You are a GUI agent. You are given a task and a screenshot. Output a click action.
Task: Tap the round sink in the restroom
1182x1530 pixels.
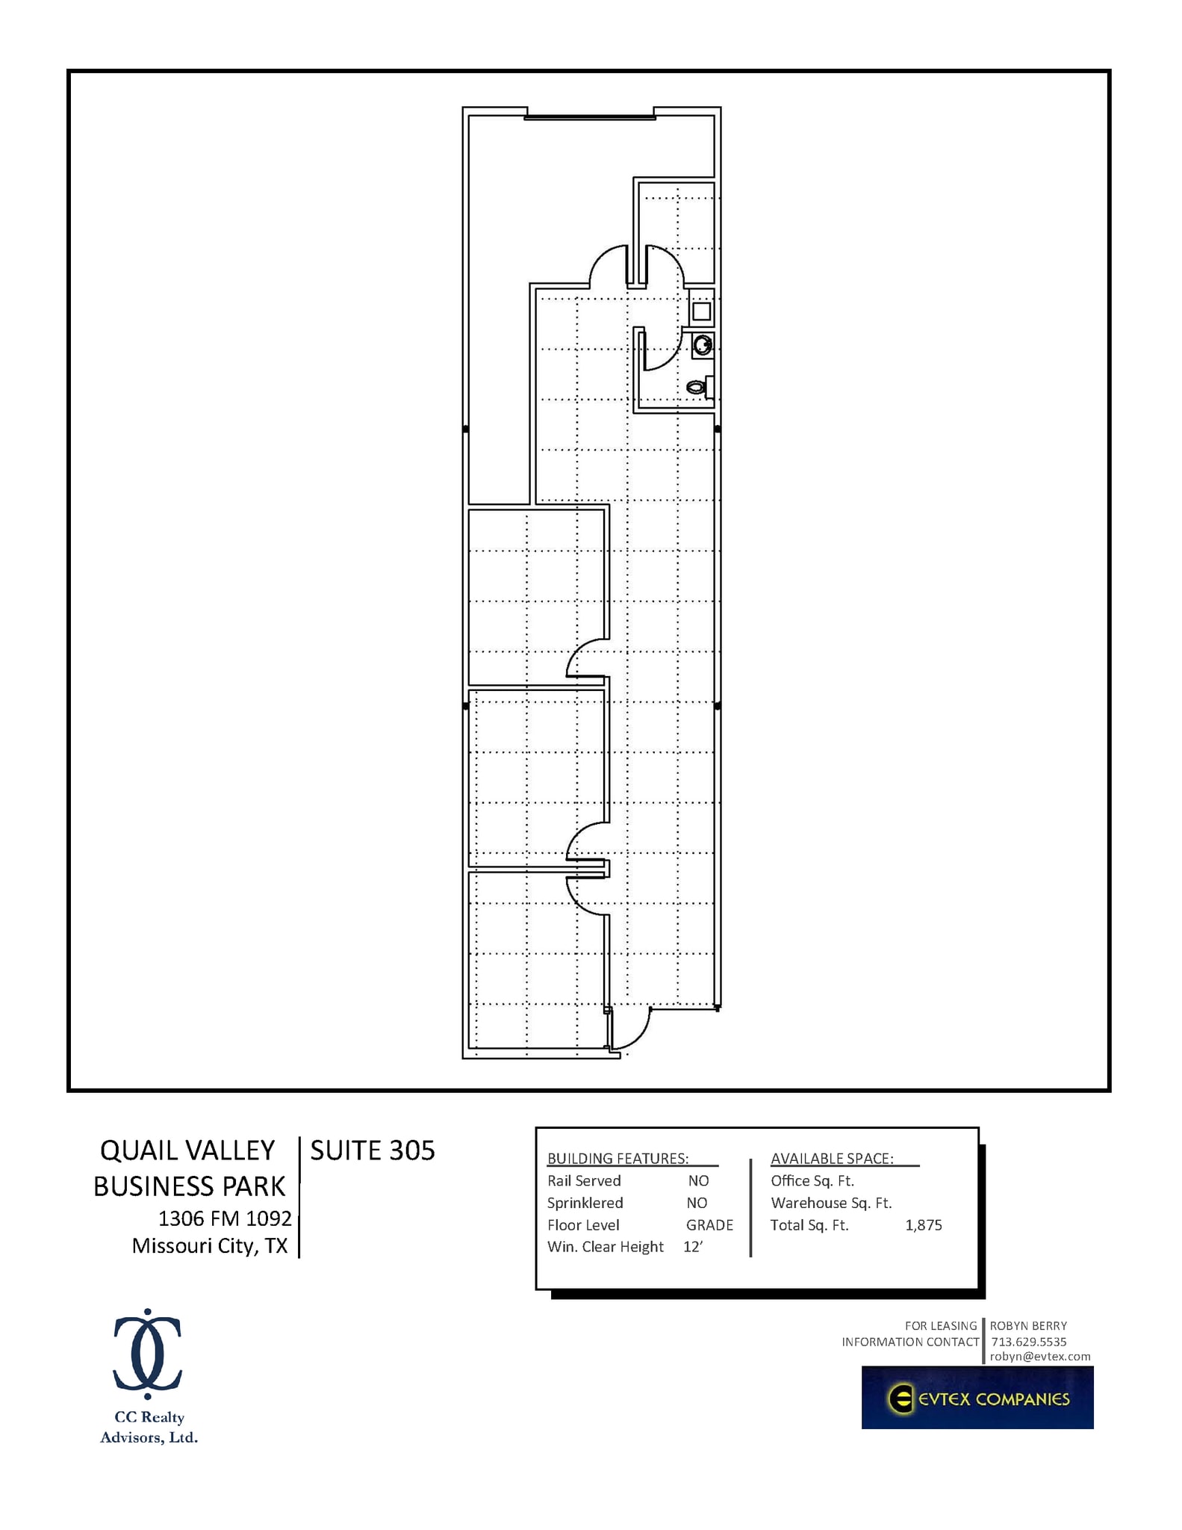click(702, 345)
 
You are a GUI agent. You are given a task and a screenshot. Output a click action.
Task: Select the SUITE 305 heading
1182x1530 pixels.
click(372, 1150)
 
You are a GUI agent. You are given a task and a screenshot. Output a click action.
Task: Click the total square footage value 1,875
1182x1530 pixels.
click(924, 1225)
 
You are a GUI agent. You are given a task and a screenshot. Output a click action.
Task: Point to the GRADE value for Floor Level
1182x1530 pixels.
click(709, 1225)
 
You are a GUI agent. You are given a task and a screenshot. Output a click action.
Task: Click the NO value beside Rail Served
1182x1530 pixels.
click(698, 1181)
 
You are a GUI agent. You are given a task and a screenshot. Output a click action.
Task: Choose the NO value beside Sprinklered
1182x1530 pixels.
click(697, 1203)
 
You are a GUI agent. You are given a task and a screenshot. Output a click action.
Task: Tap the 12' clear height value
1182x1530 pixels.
click(692, 1247)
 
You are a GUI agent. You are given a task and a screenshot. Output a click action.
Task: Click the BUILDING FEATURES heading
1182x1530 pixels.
click(618, 1159)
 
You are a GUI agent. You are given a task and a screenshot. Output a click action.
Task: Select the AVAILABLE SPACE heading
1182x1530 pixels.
click(832, 1159)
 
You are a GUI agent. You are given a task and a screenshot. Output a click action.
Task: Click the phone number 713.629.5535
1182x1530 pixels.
click(1028, 1342)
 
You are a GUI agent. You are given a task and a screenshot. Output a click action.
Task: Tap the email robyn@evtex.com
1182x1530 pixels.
click(1040, 1357)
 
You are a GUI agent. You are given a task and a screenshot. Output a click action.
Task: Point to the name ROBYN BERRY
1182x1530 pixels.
click(1028, 1326)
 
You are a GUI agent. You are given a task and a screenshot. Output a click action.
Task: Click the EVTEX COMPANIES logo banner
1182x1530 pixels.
click(977, 1398)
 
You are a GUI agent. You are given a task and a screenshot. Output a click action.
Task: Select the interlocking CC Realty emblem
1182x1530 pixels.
click(148, 1354)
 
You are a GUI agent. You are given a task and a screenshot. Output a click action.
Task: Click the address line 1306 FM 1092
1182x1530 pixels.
click(225, 1218)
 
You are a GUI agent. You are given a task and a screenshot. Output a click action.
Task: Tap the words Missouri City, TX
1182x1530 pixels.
click(210, 1246)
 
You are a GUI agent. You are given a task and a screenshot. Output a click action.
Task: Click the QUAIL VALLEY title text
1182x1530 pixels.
click(187, 1150)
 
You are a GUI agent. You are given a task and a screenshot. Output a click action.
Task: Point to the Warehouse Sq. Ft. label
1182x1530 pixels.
click(831, 1203)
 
